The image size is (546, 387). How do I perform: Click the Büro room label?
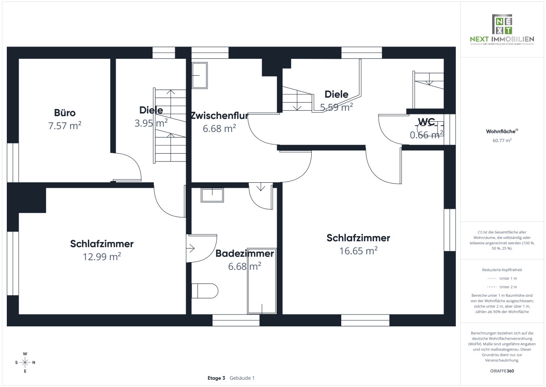(x=65, y=113)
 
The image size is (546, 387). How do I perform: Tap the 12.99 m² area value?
(x=101, y=257)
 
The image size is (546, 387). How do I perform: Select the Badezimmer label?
(x=245, y=253)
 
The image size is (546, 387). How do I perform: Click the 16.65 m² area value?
(x=359, y=251)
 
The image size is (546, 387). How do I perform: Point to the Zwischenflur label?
(x=219, y=115)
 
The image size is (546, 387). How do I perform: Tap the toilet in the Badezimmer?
(x=205, y=290)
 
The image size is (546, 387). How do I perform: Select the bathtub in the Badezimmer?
(x=262, y=283)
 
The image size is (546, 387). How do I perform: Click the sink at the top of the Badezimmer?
(x=212, y=195)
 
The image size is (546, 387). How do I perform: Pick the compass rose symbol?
(x=25, y=362)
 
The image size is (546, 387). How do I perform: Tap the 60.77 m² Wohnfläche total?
(x=502, y=140)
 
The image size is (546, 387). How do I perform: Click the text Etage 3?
(x=216, y=378)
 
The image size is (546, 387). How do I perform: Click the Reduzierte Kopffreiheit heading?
(x=502, y=270)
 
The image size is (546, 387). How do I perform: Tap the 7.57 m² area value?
(x=65, y=126)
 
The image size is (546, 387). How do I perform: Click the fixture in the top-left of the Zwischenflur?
(x=199, y=76)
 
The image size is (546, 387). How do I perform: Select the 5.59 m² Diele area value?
(x=337, y=108)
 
